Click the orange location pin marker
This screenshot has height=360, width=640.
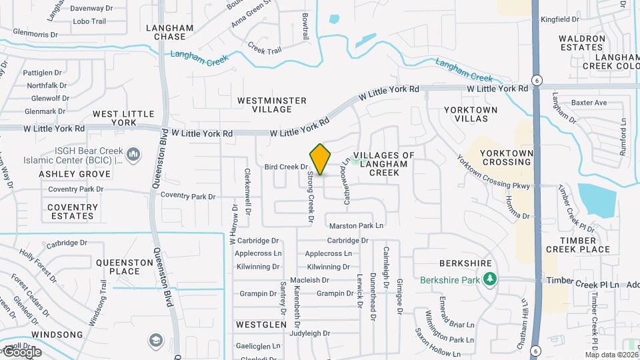321,159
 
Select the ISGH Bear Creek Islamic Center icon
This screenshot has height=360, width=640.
133,155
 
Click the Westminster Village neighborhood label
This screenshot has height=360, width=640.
272,105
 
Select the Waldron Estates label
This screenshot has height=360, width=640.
581,43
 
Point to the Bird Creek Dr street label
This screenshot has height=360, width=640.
285,167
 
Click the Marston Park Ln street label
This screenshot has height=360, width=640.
357,225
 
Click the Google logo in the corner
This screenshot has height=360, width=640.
21,351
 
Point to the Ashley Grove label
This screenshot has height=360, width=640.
75,174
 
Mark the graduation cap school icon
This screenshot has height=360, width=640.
155,339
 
